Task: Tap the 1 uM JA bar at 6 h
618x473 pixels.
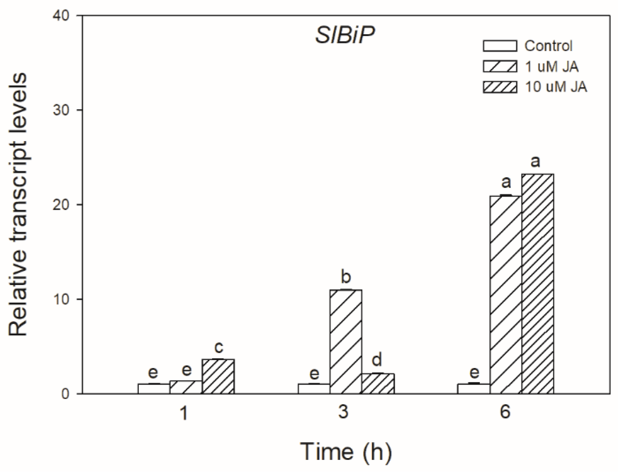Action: click(506, 294)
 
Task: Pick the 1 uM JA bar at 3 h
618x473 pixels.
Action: click(346, 341)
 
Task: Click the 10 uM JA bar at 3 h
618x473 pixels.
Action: click(378, 383)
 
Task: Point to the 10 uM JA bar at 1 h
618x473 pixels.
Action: click(218, 376)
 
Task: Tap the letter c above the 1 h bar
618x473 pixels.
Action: click(219, 348)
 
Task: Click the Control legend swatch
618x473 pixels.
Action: click(500, 46)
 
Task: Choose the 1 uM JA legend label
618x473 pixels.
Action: click(551, 67)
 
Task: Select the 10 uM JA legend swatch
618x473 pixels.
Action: click(500, 87)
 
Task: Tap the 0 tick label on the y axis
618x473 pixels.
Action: click(66, 394)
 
